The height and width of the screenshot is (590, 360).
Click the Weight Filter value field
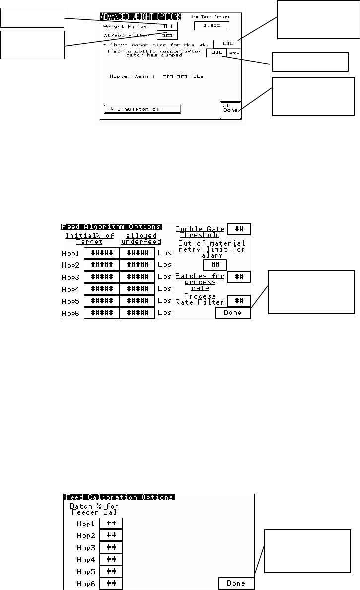point(167,26)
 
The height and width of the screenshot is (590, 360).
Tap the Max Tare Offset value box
point(212,26)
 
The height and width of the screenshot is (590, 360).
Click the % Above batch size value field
point(227,44)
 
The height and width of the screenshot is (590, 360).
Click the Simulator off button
point(143,109)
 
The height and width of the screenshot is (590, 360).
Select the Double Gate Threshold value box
point(239,229)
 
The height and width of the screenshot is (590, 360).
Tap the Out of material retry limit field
point(215,264)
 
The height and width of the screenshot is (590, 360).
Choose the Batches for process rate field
point(239,277)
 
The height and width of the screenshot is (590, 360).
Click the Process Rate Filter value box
point(239,301)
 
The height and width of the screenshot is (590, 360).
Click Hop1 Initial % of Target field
point(101,253)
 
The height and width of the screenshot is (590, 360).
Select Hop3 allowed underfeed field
point(137,277)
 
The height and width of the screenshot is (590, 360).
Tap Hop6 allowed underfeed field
point(137,313)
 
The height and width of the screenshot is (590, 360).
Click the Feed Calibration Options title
point(119,497)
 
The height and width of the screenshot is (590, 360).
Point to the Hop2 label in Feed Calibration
point(86,535)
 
